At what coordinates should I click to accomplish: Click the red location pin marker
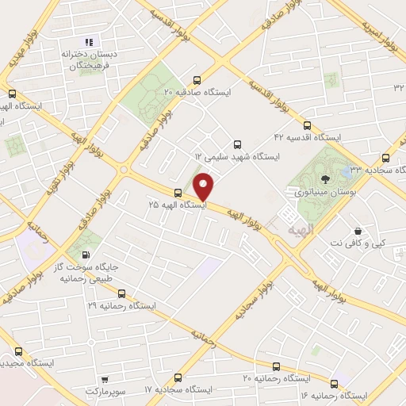click(204, 186)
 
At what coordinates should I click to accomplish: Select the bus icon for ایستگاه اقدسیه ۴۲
click(307, 124)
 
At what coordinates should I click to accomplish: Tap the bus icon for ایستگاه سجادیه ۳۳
click(385, 157)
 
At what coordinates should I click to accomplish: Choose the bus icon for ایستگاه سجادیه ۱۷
click(178, 377)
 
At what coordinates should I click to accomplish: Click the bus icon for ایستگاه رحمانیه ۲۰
click(276, 366)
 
